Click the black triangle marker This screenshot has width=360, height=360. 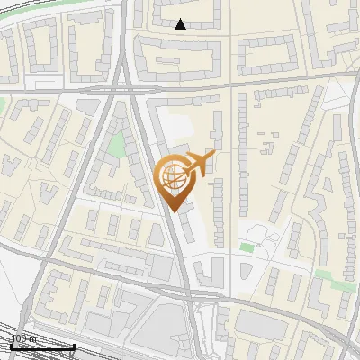tap(180, 24)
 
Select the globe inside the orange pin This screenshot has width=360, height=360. tap(173, 175)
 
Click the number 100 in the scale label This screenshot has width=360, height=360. tap(18, 338)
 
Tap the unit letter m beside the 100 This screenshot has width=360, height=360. tap(32, 338)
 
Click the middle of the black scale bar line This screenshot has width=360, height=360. tap(41, 346)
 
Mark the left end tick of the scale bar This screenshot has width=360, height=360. tap(10, 346)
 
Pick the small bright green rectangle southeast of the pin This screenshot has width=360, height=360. tap(247, 247)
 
